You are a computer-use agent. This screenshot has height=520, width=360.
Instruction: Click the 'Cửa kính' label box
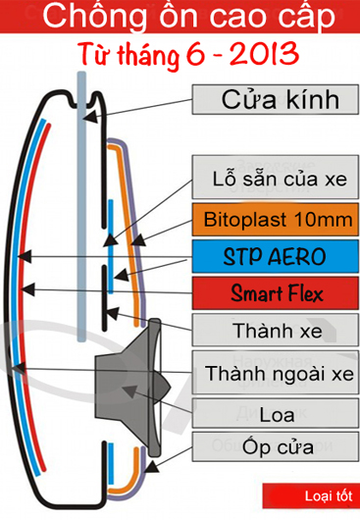coord(275,99)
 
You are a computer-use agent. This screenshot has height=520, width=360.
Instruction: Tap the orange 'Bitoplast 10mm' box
coord(275,219)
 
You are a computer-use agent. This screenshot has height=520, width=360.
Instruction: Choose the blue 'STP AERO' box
coord(275,256)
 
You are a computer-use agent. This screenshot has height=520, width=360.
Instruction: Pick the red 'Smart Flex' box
coord(275,293)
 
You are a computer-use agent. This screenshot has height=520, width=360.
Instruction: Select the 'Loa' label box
coord(275,413)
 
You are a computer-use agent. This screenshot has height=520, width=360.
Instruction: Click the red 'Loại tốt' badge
coord(311,495)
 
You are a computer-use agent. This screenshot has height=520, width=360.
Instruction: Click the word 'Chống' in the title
coord(94,18)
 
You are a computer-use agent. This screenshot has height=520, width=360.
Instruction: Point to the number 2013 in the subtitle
coord(264,53)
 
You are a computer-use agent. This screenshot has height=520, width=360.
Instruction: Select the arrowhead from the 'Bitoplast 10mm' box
coord(138,239)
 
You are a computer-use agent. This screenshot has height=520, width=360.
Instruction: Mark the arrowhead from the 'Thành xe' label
coord(112,313)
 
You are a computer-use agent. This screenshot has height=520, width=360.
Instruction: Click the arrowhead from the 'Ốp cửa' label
coord(151,466)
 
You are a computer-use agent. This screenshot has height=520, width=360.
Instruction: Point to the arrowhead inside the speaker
coord(129,391)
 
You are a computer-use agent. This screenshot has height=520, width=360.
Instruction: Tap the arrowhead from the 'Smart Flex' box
coord(27,289)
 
